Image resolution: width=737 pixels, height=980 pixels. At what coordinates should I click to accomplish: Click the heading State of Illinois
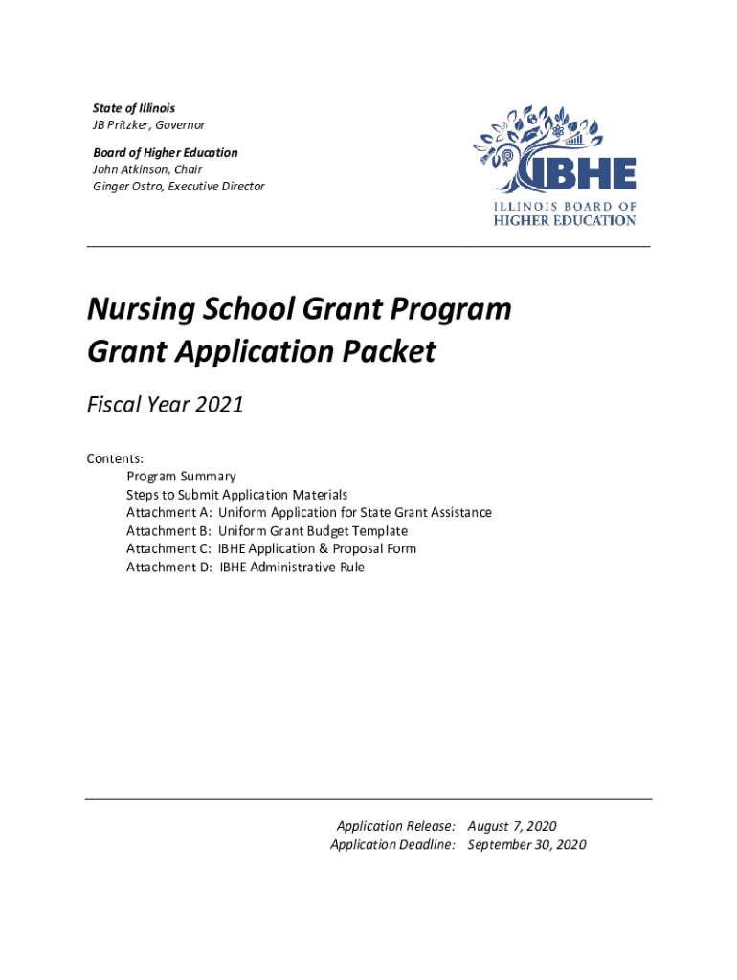click(x=134, y=108)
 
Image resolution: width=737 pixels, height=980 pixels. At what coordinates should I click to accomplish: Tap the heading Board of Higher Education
click(x=166, y=152)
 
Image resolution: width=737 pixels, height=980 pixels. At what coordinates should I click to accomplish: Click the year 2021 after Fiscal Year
click(x=219, y=406)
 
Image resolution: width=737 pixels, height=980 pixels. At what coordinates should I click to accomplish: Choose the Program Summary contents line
click(x=181, y=477)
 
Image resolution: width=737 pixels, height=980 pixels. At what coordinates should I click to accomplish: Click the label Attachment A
click(x=168, y=513)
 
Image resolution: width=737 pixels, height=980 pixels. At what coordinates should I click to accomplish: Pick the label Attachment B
click(x=168, y=531)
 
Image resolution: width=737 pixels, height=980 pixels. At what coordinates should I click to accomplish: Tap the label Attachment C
click(x=168, y=549)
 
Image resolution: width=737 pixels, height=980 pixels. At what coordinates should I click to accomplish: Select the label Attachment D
click(x=168, y=568)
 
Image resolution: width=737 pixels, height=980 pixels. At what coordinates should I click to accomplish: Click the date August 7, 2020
click(x=512, y=826)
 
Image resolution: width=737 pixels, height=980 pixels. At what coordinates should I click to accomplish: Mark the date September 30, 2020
click(x=526, y=844)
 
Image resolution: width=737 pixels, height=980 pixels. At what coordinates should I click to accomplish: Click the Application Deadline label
click(x=392, y=844)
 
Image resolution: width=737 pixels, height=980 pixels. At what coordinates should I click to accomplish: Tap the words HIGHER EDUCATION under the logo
click(x=564, y=220)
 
